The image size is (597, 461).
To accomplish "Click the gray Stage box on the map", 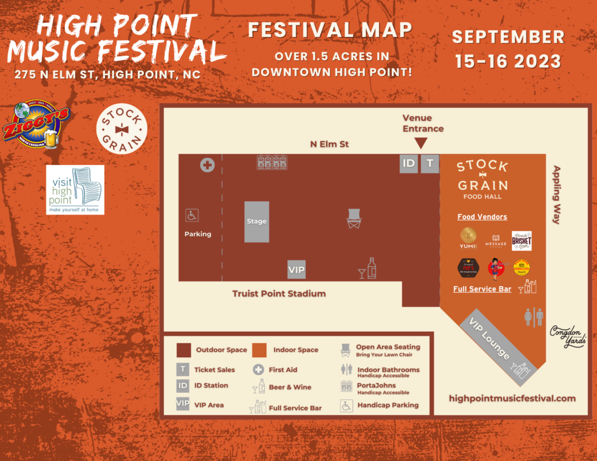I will coord(257,221).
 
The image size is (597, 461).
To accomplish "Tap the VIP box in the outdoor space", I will coord(297,270).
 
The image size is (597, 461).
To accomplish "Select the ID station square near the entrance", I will coord(409,163).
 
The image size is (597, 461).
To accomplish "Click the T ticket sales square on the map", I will coord(430,163).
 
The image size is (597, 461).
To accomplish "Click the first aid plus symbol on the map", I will coord(207,165).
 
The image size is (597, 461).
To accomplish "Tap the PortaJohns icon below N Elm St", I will coord(272,163).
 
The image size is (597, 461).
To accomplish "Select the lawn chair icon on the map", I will coord(354,219).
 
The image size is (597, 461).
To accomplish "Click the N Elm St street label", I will coord(330,144).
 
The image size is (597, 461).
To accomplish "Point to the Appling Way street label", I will coord(556,195).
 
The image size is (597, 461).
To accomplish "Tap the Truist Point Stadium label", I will coord(279,294).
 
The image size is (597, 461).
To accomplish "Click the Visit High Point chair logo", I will coord(75,189).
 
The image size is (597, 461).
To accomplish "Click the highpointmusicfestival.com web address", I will coord(512,399).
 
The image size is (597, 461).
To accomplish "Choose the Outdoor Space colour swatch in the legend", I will coord(184,350).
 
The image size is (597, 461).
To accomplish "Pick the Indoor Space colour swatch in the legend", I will coord(259,350).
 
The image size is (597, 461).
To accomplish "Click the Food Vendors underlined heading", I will coord(482,217).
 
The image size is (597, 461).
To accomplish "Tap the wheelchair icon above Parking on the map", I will coord(192,216).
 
